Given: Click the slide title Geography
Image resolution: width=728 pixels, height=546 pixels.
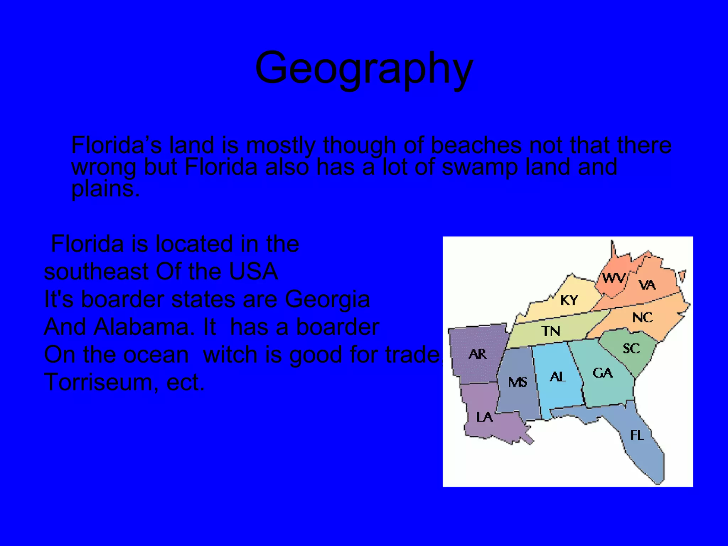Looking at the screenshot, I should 364,68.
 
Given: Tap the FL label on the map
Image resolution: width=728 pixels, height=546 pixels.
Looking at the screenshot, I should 637,435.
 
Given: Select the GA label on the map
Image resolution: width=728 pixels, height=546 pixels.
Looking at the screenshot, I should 603,373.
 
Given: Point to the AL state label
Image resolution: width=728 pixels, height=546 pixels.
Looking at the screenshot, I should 557,377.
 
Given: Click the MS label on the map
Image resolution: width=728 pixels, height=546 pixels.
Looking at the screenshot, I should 518,382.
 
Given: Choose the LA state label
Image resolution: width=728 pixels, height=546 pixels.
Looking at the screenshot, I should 485,417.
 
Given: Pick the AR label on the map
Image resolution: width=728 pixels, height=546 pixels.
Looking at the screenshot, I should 477,354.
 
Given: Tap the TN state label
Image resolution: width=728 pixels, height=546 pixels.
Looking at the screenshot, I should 551,331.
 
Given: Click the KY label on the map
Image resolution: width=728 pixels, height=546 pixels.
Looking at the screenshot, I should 569,300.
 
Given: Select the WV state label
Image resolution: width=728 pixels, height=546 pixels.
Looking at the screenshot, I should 614,278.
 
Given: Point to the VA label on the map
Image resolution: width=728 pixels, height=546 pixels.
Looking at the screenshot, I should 647,285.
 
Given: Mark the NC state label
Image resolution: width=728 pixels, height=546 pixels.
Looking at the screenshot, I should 642,317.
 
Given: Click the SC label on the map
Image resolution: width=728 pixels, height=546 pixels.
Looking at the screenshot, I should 631,348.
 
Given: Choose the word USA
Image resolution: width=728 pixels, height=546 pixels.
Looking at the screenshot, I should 253,272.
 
